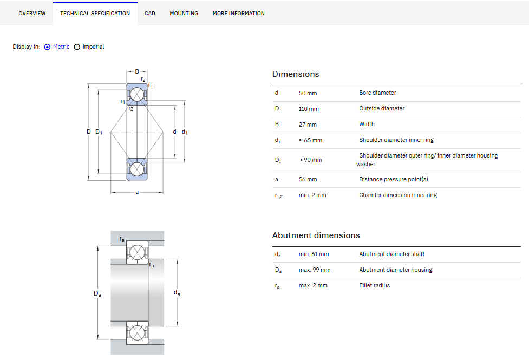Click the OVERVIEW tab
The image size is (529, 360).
[32, 14]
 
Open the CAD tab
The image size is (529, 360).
[150, 14]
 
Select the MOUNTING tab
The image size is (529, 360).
[184, 14]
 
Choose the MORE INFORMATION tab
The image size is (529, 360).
[239, 14]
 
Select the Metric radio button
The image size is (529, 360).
[47, 47]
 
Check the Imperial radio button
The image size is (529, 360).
[77, 47]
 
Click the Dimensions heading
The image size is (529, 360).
[296, 74]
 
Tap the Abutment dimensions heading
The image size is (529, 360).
[316, 235]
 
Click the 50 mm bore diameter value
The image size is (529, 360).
[308, 93]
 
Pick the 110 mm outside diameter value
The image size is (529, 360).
[309, 109]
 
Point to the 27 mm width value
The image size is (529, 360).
[308, 125]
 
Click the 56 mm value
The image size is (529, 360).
[308, 180]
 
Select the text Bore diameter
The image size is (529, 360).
[377, 93]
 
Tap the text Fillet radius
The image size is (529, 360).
[375, 285]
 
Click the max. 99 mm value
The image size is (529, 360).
[315, 270]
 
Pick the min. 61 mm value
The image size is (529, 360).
[314, 254]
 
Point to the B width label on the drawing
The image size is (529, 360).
[137, 71]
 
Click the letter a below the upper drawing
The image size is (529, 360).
[137, 192]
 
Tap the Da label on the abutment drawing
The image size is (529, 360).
[97, 293]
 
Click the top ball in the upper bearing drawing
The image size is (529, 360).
[137, 95]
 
